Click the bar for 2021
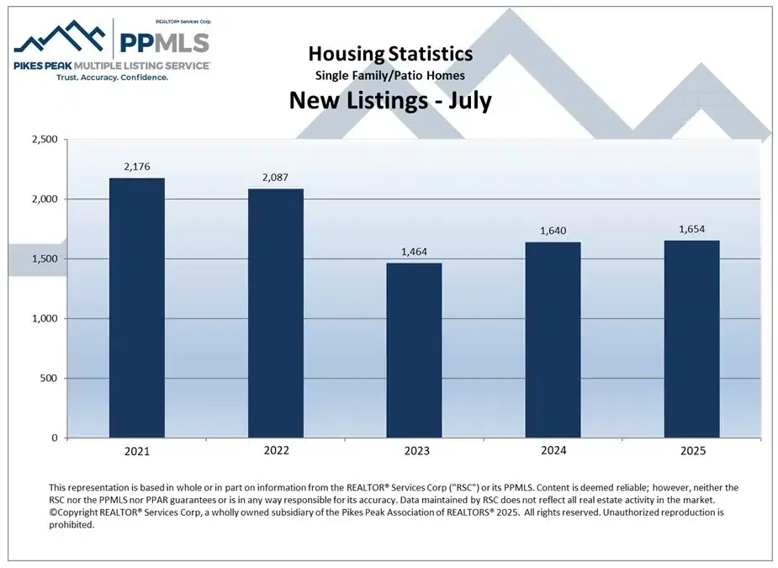point(137,308)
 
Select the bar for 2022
point(276,313)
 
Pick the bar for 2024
point(553,340)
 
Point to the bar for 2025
point(691,339)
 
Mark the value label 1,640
point(553,231)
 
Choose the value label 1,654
point(691,230)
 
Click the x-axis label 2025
point(691,451)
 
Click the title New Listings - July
point(390,101)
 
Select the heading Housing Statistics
point(390,55)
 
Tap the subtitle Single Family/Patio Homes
point(390,76)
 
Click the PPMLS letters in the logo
point(163,43)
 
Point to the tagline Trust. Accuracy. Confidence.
point(112,77)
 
